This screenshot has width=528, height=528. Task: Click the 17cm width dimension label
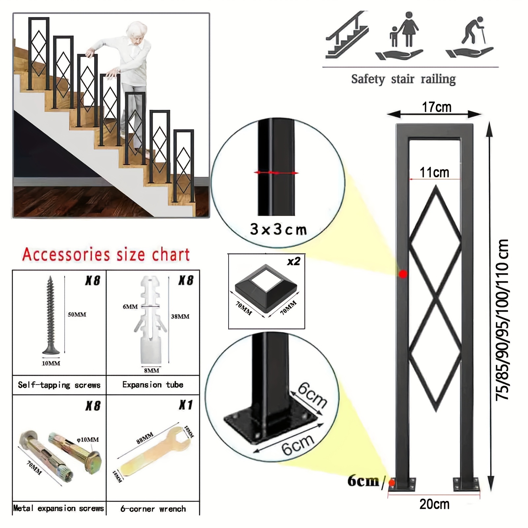pos(437,107)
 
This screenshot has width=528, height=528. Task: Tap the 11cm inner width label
pos(434,172)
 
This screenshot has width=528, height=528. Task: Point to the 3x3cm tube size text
pos(278,229)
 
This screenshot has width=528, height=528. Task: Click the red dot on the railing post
pos(403,274)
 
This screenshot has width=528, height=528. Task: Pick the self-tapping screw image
pos(51,315)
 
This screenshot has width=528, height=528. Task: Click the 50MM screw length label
pos(77,315)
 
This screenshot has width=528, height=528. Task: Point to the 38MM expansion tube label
pos(180,317)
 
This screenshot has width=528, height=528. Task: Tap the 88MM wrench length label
pos(145,438)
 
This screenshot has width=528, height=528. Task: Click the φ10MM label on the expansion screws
pos(87,440)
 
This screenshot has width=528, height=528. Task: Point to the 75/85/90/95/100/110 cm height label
pos(502,320)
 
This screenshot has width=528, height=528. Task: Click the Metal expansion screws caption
pos(59,508)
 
